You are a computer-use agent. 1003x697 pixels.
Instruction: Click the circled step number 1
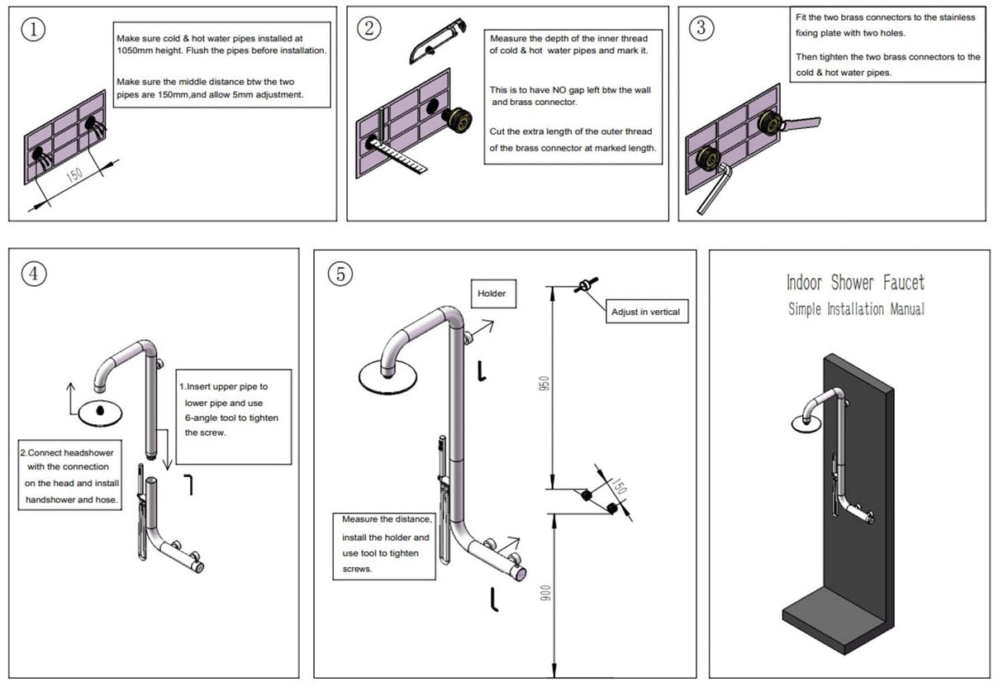(32, 29)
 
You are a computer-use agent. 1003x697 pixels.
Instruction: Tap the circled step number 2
(368, 27)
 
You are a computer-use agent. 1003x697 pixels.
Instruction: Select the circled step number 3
(701, 27)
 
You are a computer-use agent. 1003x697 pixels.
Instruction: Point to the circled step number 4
(33, 275)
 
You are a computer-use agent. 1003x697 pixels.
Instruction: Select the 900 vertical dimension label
(544, 594)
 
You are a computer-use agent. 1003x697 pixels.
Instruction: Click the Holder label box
(492, 294)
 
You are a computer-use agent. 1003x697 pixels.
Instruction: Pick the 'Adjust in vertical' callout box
(645, 312)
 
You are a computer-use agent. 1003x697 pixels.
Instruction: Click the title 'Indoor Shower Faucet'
(855, 283)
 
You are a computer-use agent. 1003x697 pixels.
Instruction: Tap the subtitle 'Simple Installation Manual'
(856, 309)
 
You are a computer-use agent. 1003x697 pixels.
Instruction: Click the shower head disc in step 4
(98, 411)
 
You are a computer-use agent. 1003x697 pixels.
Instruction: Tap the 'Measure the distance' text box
(387, 544)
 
